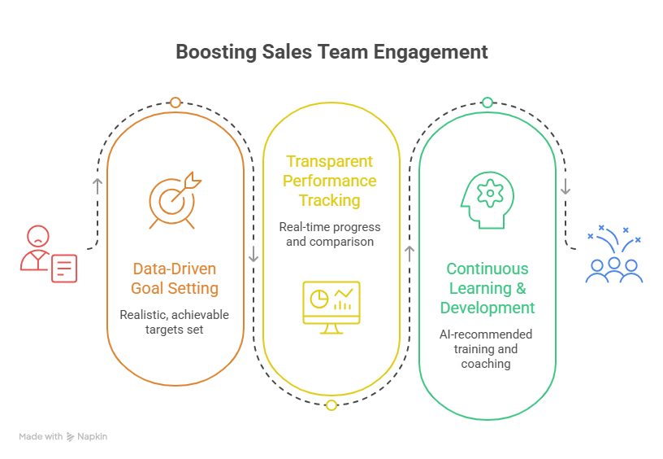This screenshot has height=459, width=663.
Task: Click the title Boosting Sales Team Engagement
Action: [331, 53]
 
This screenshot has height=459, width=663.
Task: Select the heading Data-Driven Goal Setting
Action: [175, 278]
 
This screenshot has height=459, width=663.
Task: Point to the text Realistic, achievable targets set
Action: [175, 321]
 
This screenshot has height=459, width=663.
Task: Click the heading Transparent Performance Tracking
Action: [330, 181]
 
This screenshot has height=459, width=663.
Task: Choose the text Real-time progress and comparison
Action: [330, 234]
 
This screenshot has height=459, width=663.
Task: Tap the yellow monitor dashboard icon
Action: [331, 307]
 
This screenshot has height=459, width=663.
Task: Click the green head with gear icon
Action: [487, 200]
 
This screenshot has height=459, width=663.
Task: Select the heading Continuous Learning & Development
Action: [487, 288]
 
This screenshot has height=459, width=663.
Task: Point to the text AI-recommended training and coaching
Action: [487, 348]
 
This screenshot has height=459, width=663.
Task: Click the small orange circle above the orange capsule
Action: [175, 103]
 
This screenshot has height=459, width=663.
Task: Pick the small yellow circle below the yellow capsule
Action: [331, 405]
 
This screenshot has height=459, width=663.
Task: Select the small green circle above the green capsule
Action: [487, 103]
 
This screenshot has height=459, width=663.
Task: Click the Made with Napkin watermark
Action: [63, 437]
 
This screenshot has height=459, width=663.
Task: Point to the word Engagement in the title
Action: [431, 53]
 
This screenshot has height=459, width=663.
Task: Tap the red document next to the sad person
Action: [64, 268]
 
